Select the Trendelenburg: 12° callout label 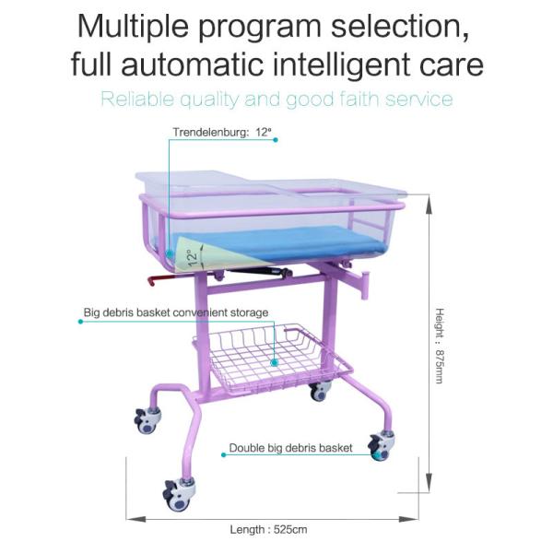click(x=222, y=133)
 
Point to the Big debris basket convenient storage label click(x=176, y=312)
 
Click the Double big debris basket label click(x=291, y=448)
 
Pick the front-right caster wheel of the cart click(x=379, y=446)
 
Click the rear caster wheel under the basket click(x=319, y=391)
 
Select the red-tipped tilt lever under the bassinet click(x=157, y=277)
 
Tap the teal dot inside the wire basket click(x=274, y=363)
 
